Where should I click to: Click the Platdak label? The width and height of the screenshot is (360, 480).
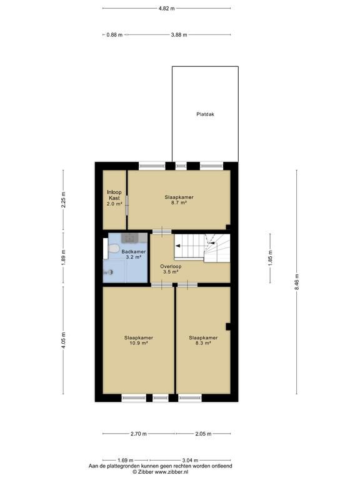(205, 114)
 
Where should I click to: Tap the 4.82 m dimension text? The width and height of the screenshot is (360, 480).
(166, 9)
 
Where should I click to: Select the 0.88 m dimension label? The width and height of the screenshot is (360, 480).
(114, 35)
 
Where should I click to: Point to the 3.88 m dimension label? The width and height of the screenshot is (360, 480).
(179, 35)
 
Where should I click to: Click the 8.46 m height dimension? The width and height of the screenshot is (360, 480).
(296, 282)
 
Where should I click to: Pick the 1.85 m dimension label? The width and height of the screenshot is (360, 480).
(270, 258)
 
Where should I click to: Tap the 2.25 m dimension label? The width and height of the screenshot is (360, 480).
(63, 199)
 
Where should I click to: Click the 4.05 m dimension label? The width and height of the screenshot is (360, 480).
(63, 340)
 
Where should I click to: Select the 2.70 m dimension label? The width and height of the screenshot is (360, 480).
(138, 434)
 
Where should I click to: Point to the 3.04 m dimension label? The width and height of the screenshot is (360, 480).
(190, 460)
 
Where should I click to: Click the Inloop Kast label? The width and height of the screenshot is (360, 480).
(114, 195)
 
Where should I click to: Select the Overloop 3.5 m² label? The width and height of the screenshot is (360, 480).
(171, 269)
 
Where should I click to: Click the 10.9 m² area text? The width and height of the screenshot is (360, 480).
(139, 344)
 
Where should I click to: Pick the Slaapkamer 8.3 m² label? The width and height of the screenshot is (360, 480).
(203, 341)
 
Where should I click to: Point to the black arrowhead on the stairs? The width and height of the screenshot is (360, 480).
(177, 246)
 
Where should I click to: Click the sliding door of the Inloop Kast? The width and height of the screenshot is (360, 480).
(127, 205)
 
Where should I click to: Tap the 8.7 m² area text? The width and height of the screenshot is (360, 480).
(179, 203)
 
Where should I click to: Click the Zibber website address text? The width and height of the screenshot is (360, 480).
(171, 472)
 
